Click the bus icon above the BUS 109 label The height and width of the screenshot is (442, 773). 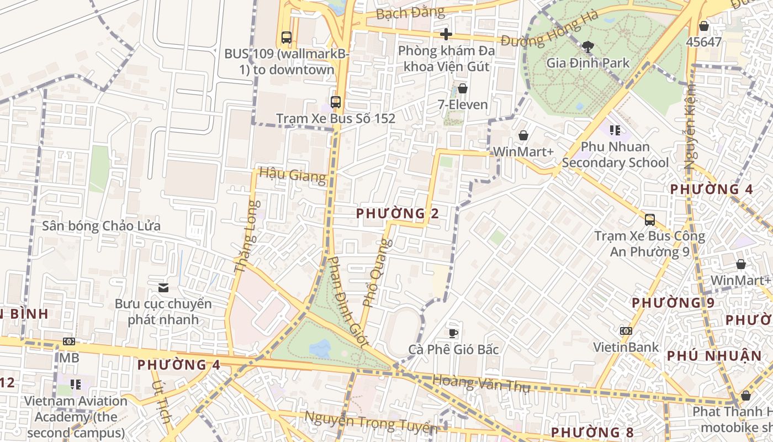286,37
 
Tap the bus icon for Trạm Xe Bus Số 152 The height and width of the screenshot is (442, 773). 335,102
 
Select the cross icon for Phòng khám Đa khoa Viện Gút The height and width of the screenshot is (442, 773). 446,34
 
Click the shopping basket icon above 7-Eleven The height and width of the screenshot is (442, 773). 462,88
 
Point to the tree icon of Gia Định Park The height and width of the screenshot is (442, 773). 587,46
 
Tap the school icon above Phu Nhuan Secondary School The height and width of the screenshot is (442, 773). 615,130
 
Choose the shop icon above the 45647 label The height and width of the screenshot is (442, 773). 703,25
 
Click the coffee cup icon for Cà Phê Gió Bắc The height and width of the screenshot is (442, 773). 453,333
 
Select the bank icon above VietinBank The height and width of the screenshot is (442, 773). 626,330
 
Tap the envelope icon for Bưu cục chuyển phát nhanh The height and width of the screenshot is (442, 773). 163,287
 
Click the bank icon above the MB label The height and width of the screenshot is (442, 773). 69,341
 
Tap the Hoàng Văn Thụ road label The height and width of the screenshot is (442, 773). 481,383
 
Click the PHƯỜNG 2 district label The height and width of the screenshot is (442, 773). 398,213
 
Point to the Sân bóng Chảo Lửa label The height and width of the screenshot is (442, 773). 102,226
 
